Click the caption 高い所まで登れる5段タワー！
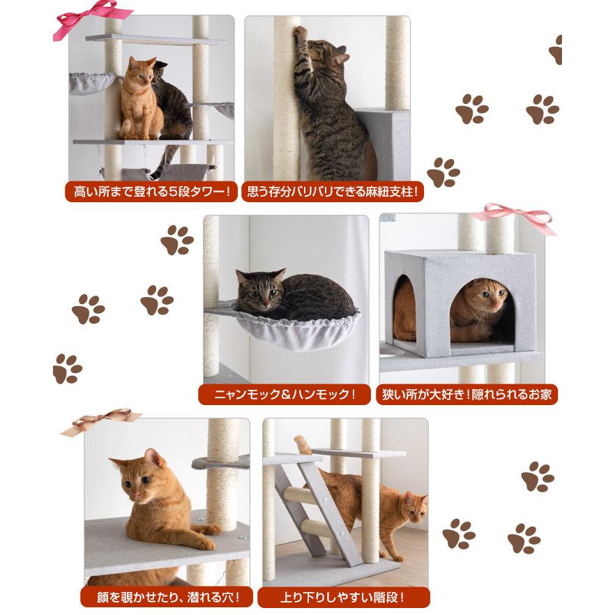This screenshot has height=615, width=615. tap(151, 192)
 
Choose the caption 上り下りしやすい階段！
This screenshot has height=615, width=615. tap(343, 597)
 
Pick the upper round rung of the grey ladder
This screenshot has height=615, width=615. tap(300, 496)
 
